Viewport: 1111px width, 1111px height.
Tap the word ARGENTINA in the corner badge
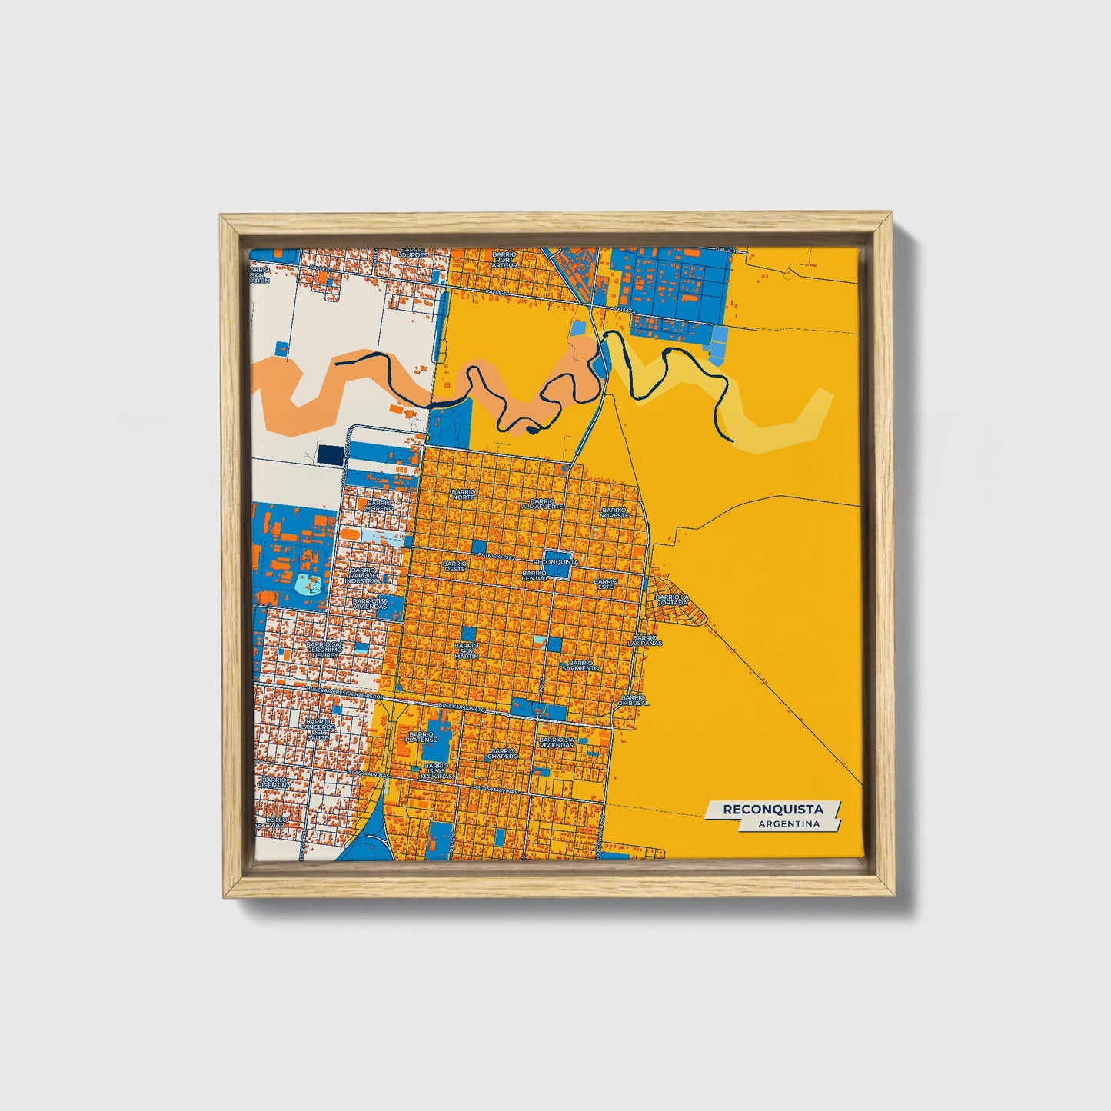point(787,824)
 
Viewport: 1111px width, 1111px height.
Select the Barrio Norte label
point(464,494)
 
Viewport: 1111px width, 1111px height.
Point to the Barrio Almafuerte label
point(542,504)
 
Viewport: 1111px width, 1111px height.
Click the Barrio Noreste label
point(614,512)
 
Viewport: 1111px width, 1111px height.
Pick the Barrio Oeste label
point(454,566)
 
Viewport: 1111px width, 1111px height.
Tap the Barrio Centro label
point(534,576)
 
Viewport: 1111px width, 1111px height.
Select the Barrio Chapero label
point(502,753)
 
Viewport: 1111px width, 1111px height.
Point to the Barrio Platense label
point(422,737)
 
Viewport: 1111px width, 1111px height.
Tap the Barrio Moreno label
point(379,505)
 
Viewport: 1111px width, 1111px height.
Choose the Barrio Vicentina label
point(275,783)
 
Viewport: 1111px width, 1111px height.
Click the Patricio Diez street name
point(494,555)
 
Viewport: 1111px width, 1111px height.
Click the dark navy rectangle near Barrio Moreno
point(331,454)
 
